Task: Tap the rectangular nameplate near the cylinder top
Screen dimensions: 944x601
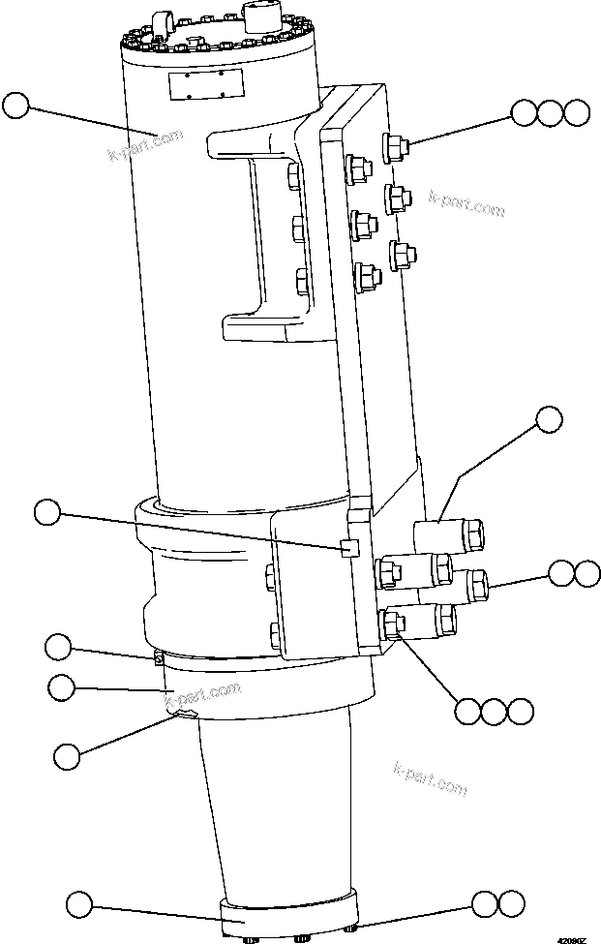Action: pos(203,83)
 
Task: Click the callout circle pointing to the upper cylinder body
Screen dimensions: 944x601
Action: pos(16,106)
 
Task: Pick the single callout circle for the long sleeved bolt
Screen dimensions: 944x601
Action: pos(549,419)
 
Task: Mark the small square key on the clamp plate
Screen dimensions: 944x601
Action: pos(349,549)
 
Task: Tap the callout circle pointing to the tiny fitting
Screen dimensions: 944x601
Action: pos(60,646)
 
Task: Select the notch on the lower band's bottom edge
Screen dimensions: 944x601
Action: pos(184,715)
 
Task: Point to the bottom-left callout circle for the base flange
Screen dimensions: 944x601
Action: pos(80,906)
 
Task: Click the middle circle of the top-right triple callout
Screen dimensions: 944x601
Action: pos(550,112)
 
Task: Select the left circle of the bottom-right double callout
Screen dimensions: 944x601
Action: pos(486,904)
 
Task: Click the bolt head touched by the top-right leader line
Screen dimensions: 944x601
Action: pos(396,146)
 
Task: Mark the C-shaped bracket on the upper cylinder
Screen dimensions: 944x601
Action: pos(261,237)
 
